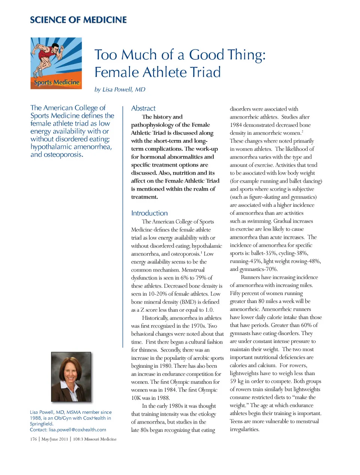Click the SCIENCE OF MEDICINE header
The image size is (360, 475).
[x=78, y=20]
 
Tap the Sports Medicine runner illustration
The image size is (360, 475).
[x=56, y=63]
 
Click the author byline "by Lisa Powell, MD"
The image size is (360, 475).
[x=120, y=89]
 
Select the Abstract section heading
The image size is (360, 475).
[x=143, y=108]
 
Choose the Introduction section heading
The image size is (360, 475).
[x=149, y=213]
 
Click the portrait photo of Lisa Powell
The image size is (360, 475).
[x=71, y=377]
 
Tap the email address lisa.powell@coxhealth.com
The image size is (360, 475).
[x=77, y=430]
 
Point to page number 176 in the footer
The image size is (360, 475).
[x=33, y=439]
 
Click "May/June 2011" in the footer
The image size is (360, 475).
[x=54, y=439]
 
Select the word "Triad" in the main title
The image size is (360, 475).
[x=203, y=72]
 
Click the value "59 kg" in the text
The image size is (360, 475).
[x=237, y=381]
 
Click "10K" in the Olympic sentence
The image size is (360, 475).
[x=136, y=398]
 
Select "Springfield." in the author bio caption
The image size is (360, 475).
[x=42, y=424]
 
